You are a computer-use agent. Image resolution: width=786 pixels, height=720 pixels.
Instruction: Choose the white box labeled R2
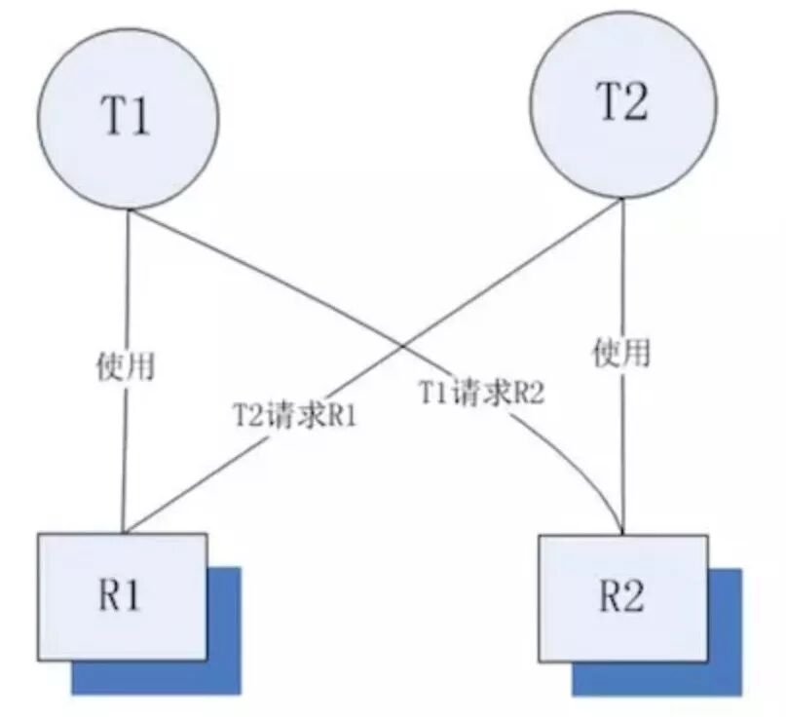[x=624, y=596]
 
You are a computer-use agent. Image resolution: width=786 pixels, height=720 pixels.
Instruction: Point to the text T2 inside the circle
[x=620, y=103]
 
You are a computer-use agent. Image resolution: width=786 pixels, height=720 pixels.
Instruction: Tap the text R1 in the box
[x=120, y=596]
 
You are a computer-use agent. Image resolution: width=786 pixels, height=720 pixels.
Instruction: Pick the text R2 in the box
[x=622, y=597]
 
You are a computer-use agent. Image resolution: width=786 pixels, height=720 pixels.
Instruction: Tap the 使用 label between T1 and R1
[x=127, y=365]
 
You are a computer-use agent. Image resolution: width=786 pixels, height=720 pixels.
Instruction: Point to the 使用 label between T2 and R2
[x=621, y=353]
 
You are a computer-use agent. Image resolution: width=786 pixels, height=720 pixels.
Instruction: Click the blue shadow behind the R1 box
[x=225, y=672]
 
